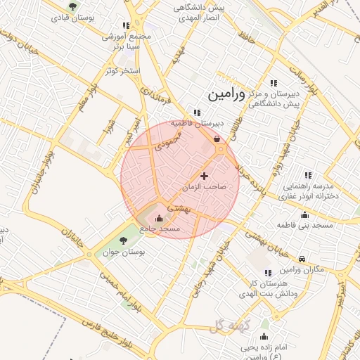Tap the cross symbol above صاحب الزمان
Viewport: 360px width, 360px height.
205,175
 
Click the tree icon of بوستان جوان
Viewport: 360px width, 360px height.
123,240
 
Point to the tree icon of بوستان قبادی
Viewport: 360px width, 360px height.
74,5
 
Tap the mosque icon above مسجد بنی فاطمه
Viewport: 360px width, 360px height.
304,214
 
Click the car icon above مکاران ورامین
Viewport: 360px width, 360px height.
302,259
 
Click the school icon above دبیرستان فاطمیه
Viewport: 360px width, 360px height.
198,112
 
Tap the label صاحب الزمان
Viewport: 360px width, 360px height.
204,188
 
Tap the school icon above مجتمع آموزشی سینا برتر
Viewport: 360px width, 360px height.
125,25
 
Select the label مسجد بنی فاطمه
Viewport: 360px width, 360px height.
304,225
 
